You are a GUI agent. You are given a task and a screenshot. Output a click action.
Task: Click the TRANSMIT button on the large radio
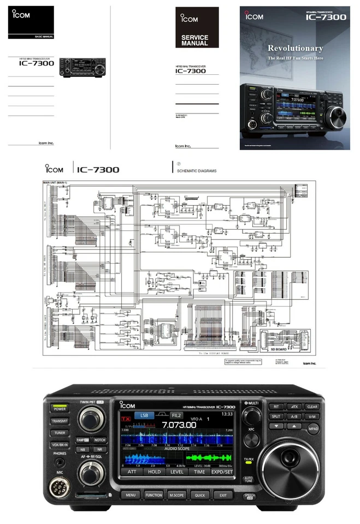[x=60, y=421]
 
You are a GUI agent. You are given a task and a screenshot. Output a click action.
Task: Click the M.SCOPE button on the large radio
[x=176, y=495]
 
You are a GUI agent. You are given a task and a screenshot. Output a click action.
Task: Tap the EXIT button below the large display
[x=222, y=495]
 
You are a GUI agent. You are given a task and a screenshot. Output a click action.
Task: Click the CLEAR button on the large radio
[x=311, y=406]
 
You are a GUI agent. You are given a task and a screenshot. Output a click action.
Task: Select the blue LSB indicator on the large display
[x=145, y=415]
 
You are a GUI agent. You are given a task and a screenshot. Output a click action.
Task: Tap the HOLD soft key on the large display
[x=154, y=472]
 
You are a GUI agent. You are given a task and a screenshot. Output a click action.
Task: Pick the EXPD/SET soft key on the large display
[x=222, y=472]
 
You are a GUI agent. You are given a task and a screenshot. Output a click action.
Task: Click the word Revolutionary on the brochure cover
[x=294, y=49]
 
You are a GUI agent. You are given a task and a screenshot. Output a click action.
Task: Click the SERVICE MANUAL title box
[x=194, y=40]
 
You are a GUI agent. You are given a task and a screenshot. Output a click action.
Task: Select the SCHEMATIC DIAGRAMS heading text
[x=196, y=171]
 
